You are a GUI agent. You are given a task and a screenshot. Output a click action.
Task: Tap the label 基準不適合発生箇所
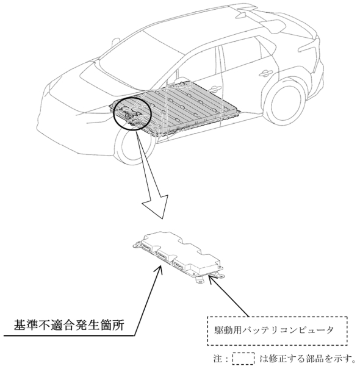click(x=69, y=325)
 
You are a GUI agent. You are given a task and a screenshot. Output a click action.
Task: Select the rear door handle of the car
click(x=266, y=73)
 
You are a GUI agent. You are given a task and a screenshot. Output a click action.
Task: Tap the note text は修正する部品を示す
click(x=308, y=359)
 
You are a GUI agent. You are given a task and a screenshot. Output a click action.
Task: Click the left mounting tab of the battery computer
click(x=136, y=245)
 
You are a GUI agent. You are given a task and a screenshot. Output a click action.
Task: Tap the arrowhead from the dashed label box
click(x=212, y=278)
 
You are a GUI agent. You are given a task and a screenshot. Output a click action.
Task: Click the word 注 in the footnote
click(x=218, y=359)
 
